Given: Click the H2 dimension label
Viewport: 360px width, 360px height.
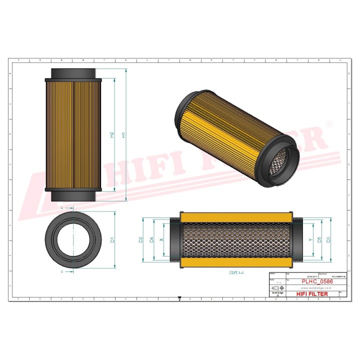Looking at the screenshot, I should point(112,135).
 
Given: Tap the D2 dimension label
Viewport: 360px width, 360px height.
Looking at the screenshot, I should point(141,239).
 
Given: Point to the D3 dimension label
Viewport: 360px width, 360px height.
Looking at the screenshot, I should point(328,239).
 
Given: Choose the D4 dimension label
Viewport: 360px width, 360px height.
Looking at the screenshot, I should point(151,239).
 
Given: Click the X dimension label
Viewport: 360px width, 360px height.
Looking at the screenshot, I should point(161,239).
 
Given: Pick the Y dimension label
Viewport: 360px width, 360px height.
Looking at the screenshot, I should point(310,239).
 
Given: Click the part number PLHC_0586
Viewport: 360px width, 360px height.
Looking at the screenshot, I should point(317,282).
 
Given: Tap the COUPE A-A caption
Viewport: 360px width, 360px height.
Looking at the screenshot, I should point(236,273).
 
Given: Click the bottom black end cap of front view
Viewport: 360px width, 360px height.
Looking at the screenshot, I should point(73,196).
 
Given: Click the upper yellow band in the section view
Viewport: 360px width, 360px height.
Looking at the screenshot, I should point(235,217).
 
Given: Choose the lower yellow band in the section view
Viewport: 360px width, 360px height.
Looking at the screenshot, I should point(235,263).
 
